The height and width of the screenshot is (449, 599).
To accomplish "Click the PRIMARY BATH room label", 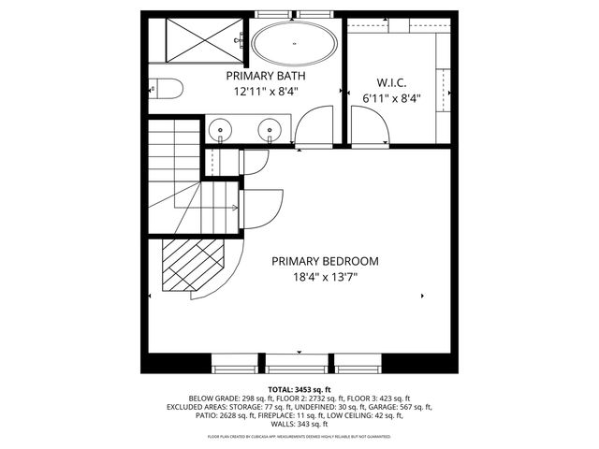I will click(x=267, y=76).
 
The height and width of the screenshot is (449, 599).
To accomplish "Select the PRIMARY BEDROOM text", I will click(x=325, y=261).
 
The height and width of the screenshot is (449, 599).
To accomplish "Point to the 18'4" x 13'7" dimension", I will click(x=325, y=277).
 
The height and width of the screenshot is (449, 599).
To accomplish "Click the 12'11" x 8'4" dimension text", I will click(x=267, y=93).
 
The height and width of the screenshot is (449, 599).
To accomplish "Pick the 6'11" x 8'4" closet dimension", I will click(x=390, y=96).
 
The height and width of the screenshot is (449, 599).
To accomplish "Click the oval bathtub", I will click(x=295, y=43).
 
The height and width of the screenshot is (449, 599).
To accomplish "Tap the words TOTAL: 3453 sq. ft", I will click(x=299, y=388).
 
